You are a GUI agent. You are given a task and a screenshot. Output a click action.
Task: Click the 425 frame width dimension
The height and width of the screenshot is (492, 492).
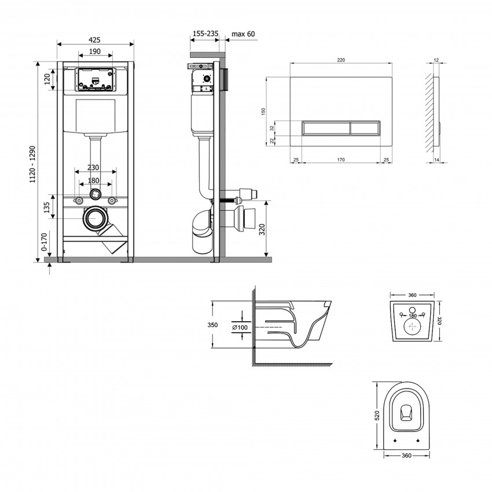pyautogui.click(x=96, y=40)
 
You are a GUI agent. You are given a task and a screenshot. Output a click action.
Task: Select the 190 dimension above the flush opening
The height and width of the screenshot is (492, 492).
pyautogui.click(x=96, y=52)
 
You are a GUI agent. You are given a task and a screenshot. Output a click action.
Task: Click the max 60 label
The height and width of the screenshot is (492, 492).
pyautogui.click(x=243, y=34)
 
